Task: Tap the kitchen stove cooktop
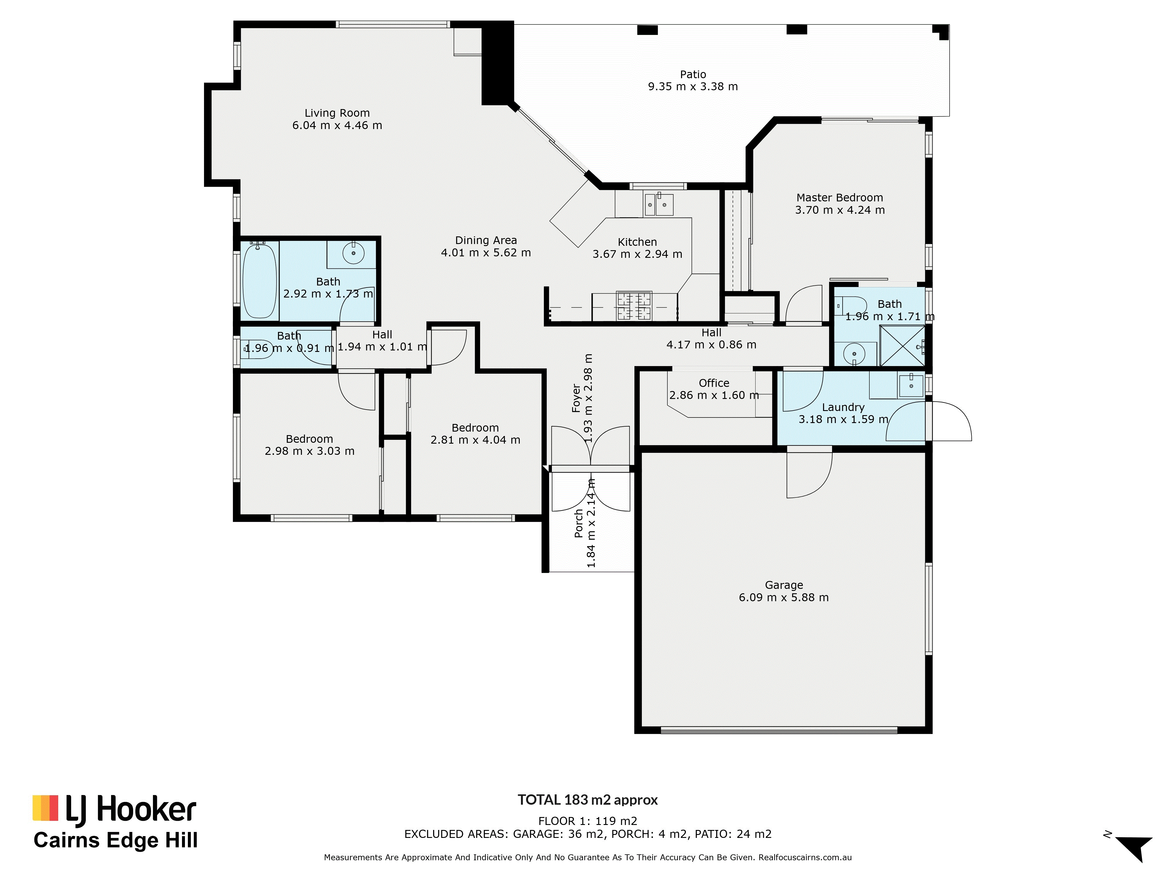point(634,306)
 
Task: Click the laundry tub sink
point(911,385)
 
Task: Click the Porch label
point(579,523)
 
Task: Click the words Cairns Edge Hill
point(115,841)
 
